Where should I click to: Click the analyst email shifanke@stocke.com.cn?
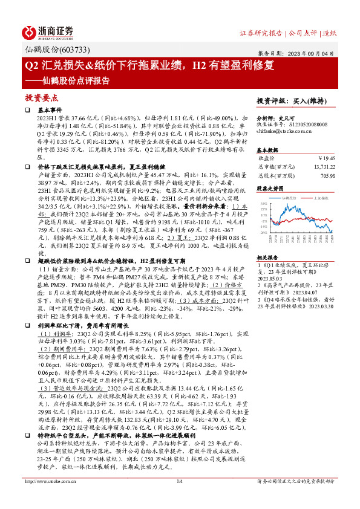[x=286, y=131]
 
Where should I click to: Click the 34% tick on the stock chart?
[x=261, y=204]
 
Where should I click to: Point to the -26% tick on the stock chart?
[x=261, y=232]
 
